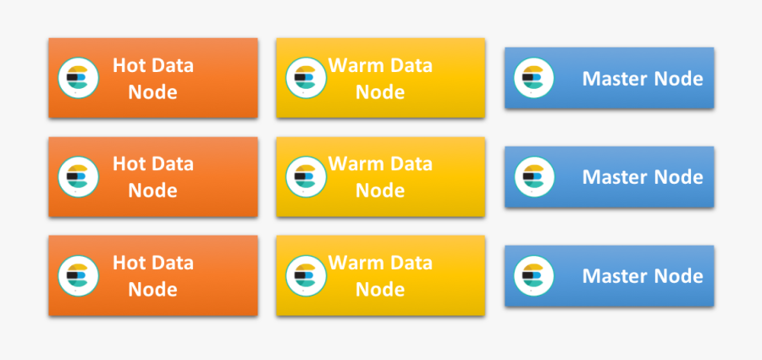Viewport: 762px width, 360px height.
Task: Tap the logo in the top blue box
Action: coord(533,79)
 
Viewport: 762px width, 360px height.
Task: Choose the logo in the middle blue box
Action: coord(533,177)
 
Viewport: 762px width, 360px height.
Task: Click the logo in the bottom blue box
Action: coord(533,276)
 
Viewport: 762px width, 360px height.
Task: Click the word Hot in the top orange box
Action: coord(130,65)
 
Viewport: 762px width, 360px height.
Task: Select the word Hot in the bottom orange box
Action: coord(130,263)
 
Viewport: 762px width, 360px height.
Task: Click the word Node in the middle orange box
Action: coord(152,191)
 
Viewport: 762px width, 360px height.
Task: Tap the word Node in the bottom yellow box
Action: coord(380,290)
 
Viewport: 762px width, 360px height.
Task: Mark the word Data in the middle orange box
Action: coord(173,163)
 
